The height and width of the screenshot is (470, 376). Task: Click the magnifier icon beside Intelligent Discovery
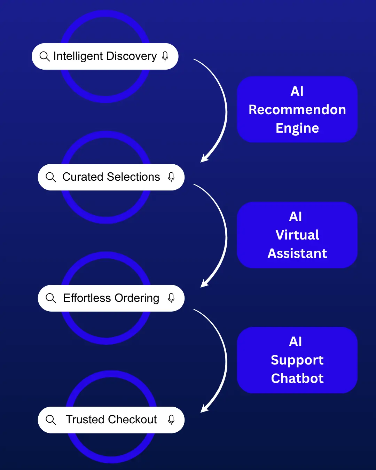(45, 56)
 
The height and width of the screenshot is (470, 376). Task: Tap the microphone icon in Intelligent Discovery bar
(165, 56)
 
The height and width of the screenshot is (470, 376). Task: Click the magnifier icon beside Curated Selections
(51, 177)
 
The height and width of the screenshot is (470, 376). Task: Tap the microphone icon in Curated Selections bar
(171, 177)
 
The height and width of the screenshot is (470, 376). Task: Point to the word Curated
(83, 177)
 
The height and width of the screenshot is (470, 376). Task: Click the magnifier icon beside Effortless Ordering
(51, 298)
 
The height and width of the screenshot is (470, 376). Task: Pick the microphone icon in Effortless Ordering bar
(171, 298)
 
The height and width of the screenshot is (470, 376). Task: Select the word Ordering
(137, 298)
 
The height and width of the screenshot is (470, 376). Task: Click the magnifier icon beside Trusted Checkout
(51, 420)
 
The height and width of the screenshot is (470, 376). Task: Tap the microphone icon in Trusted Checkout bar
(171, 420)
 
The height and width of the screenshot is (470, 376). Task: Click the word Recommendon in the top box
(297, 110)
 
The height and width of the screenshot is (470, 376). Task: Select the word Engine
(297, 128)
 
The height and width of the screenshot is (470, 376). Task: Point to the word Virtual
(297, 235)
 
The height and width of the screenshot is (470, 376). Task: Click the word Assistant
(297, 253)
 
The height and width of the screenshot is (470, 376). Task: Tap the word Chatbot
(297, 378)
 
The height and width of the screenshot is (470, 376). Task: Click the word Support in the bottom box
(297, 360)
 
